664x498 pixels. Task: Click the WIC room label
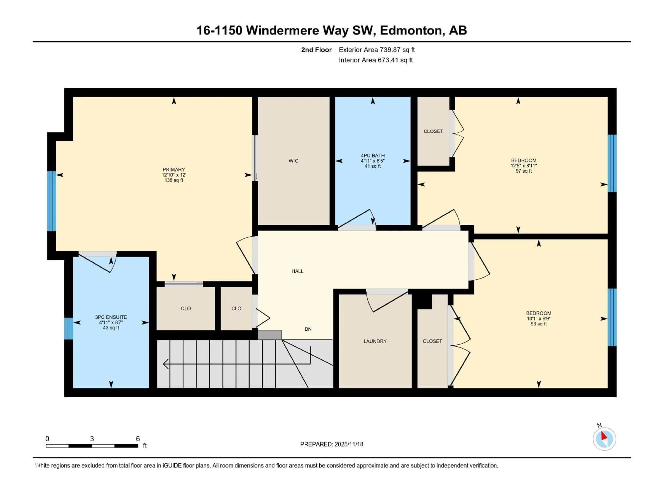(293, 161)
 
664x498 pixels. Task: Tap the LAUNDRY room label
(375, 341)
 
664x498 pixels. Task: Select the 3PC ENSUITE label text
(111, 317)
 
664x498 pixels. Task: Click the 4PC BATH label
(372, 155)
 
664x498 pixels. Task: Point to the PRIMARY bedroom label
(173, 170)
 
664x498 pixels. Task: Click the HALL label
(297, 271)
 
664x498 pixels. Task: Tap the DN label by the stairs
(308, 329)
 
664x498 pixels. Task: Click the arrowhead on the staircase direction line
(166, 364)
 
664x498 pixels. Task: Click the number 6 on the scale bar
(138, 439)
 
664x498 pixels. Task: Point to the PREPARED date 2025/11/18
(331, 444)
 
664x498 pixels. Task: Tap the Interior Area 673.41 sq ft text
(376, 60)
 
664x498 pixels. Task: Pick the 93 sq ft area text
(538, 324)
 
